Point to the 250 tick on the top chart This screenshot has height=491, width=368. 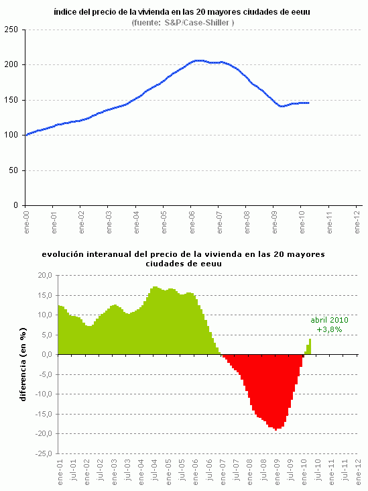(11, 30)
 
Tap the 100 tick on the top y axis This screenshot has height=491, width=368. (11, 135)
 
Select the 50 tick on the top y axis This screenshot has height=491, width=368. (13, 170)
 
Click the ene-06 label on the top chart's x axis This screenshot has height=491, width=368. (191, 219)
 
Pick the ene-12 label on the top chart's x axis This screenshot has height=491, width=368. (357, 219)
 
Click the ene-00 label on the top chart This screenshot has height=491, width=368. (25, 219)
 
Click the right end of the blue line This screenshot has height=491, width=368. (308, 103)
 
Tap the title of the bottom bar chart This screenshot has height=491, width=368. (183, 259)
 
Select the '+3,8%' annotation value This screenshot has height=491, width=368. (329, 329)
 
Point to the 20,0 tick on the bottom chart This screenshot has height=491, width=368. (44, 275)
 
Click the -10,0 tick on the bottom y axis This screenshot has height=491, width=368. (43, 394)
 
